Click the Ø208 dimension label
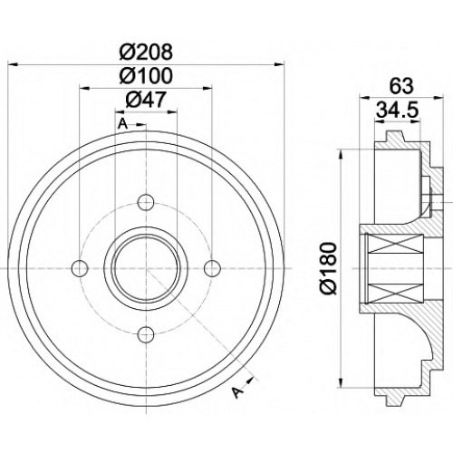pos(146,52)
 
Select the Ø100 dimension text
pos(146,75)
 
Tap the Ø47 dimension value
pos(146,100)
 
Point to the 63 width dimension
pos(401,86)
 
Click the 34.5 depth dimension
pos(398,110)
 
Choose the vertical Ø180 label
pos(328,268)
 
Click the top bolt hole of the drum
pos(146,202)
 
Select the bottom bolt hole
pos(146,333)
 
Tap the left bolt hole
pos(80,268)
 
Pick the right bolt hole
pos(212,268)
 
